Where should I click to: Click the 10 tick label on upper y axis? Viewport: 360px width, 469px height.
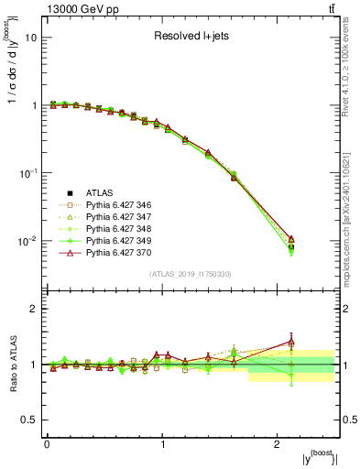[30, 38]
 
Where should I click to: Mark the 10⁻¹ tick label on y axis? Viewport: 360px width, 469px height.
[27, 173]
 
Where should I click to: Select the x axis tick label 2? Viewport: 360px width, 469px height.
[278, 444]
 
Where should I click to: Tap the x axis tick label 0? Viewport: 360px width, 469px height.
[47, 444]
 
